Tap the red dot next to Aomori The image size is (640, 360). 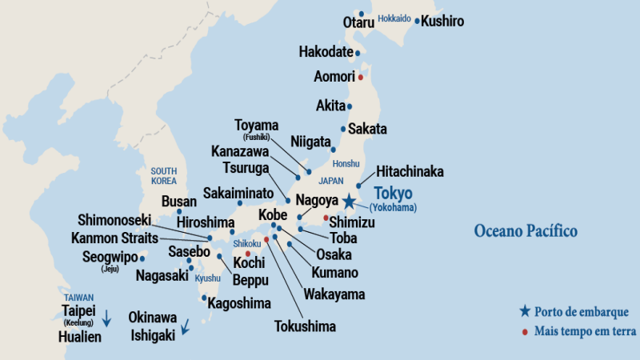click(361, 77)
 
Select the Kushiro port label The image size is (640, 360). click(442, 22)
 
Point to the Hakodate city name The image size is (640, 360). click(326, 52)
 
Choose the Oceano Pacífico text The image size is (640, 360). click(525, 231)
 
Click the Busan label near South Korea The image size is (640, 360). click(178, 202)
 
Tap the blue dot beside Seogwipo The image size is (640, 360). click(142, 258)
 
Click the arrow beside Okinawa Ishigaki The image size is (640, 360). click(185, 326)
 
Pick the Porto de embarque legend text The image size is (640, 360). click(582, 311)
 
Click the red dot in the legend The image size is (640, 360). click(524, 331)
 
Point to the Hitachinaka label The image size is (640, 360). click(410, 172)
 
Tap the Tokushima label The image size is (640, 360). click(305, 326)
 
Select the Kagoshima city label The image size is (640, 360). click(239, 303)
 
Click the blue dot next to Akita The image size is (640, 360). click(350, 106)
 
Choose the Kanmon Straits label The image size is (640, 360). click(114, 238)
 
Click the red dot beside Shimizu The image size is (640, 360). click(326, 218)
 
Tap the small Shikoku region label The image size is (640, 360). click(247, 243)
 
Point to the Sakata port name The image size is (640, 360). click(367, 129)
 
